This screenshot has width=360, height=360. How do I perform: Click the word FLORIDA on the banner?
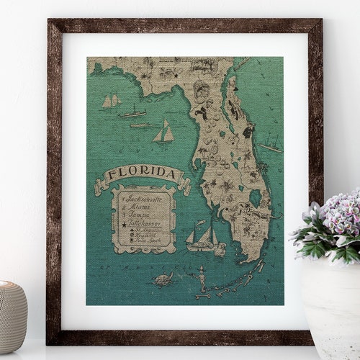[143, 174]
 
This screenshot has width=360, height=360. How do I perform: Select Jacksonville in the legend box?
[143, 196]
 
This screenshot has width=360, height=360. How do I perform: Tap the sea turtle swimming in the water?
[165, 279]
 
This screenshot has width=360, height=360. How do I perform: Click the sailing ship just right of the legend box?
[201, 235]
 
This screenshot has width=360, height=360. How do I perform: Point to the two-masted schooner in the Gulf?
[110, 101]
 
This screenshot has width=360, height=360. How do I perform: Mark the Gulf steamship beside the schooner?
[132, 113]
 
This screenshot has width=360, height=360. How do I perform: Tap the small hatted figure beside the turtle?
[199, 276]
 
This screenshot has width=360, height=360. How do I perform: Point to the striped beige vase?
[12, 316]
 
